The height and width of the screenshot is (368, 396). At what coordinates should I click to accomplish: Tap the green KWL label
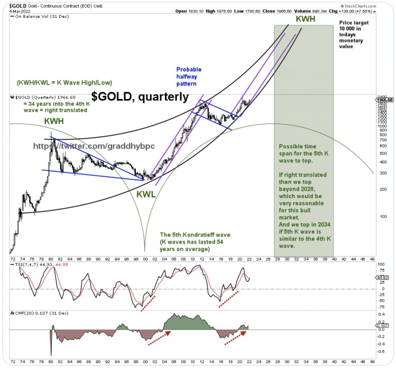(x=145, y=194)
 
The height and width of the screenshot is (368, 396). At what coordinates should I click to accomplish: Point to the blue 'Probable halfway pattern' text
(x=189, y=76)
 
